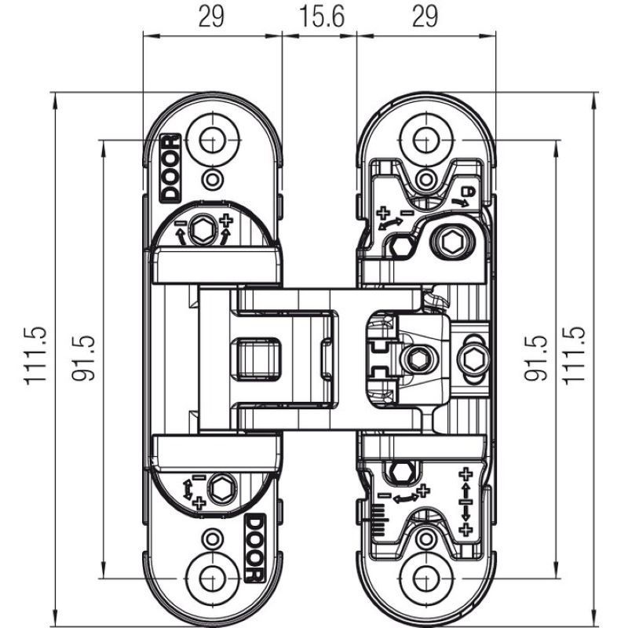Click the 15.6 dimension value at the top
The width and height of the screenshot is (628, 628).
click(x=322, y=16)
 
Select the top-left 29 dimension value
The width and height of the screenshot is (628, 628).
click(x=211, y=16)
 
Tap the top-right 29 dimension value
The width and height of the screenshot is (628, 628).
click(x=425, y=16)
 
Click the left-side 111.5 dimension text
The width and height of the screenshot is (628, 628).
click(x=36, y=356)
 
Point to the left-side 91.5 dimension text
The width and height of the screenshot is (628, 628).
click(x=84, y=358)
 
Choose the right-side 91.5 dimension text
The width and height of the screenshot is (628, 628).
click(x=536, y=358)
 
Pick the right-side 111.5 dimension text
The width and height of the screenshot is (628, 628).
click(x=575, y=356)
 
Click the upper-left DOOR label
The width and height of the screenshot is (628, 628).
click(x=170, y=168)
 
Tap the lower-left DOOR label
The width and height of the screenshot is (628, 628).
click(x=254, y=548)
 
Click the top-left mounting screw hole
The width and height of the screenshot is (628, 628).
click(x=213, y=141)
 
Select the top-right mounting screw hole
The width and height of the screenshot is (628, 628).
click(x=426, y=141)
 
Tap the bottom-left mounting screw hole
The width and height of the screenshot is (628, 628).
click(x=213, y=579)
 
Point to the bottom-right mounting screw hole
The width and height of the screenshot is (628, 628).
click(x=426, y=579)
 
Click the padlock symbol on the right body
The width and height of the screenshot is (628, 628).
click(x=468, y=192)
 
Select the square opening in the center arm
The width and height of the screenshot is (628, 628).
click(x=257, y=359)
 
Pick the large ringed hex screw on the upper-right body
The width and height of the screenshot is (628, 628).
click(x=453, y=242)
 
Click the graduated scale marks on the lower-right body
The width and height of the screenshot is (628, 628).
click(x=379, y=519)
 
